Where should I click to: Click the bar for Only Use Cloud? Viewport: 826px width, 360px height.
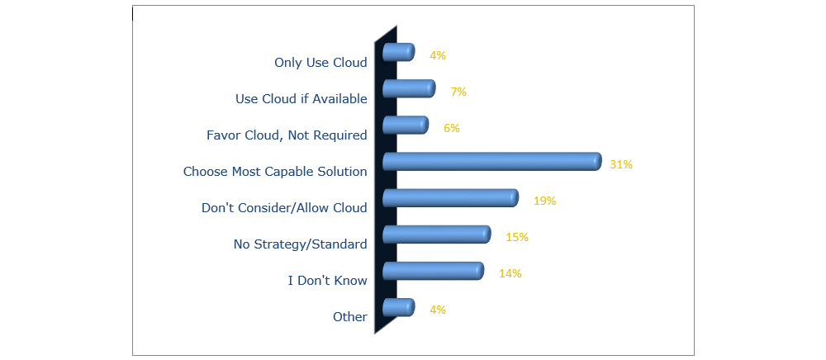tap(398, 52)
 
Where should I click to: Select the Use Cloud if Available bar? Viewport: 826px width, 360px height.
tap(409, 88)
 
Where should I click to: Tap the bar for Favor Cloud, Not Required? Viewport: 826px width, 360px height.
tap(405, 126)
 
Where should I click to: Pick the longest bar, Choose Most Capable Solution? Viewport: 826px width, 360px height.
tap(492, 162)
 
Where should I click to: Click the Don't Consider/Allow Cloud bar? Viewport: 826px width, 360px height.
tap(450, 198)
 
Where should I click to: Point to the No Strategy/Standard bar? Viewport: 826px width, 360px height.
tap(437, 234)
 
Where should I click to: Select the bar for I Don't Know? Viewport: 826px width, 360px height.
tap(433, 271)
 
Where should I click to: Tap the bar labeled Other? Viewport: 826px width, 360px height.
tap(398, 307)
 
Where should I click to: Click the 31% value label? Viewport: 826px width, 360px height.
tap(621, 164)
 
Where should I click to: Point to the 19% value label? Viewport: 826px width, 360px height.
tap(544, 201)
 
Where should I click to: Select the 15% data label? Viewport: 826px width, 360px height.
tap(517, 237)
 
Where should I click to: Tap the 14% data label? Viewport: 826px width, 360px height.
tap(510, 273)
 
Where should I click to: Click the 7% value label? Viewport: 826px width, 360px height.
tap(458, 92)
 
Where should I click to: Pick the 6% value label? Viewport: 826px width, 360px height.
tap(452, 128)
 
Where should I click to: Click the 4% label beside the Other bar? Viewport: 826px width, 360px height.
tap(438, 310)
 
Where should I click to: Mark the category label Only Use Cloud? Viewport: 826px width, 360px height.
tap(320, 62)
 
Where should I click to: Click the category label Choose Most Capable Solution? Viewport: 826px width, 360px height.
tap(275, 172)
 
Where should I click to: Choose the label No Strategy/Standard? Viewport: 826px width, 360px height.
tap(301, 244)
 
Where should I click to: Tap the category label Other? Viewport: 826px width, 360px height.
tap(349, 317)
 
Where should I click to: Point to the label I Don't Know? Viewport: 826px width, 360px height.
tap(328, 281)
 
